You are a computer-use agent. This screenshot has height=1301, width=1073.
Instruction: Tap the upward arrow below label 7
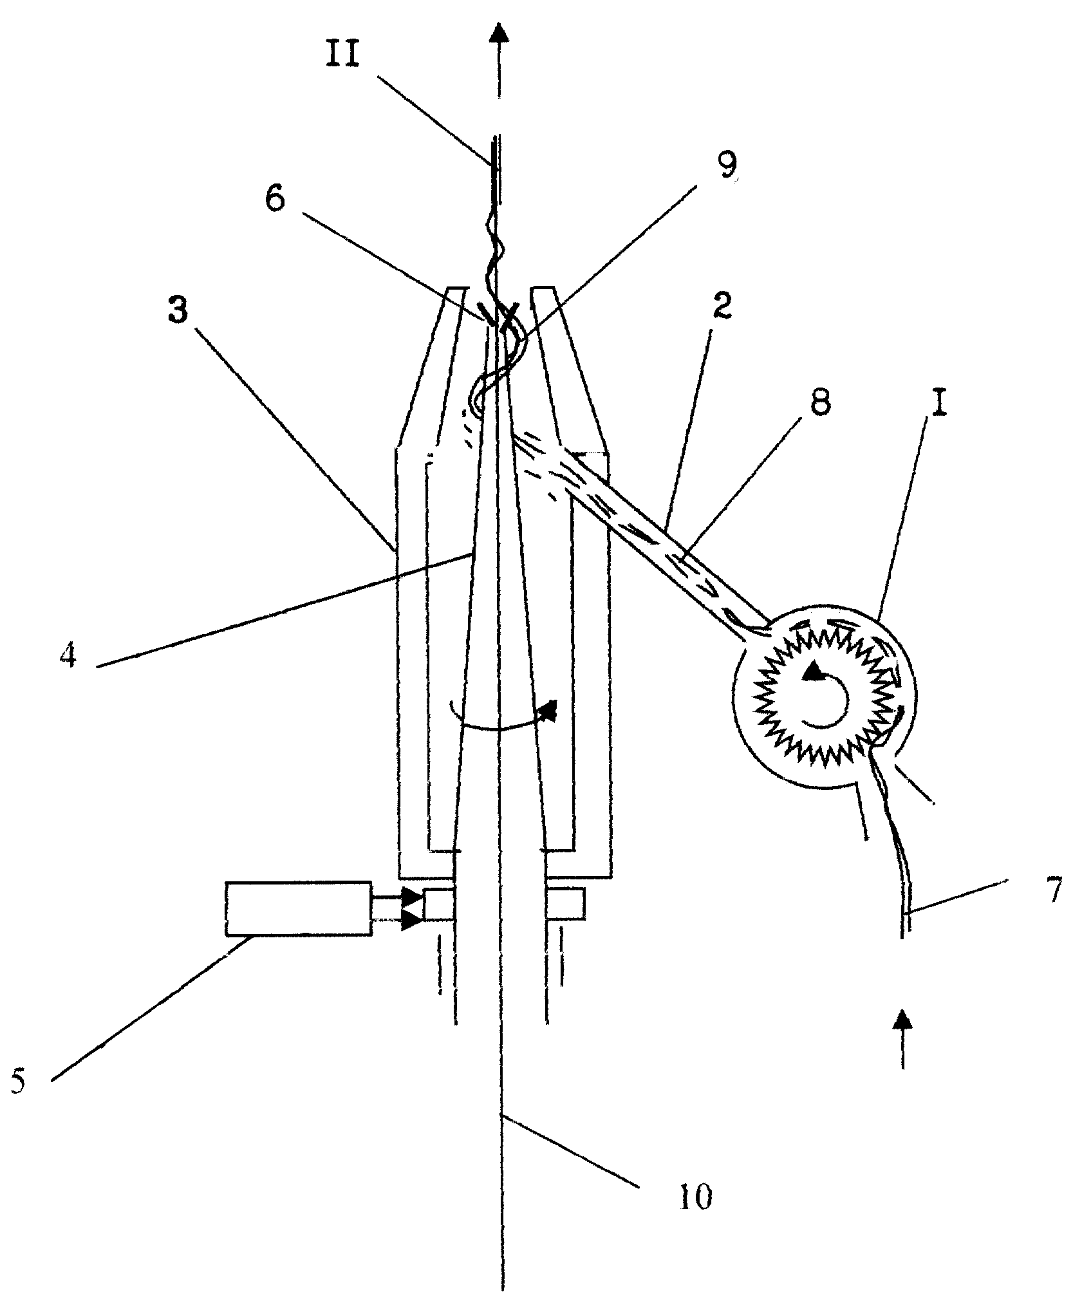905,1047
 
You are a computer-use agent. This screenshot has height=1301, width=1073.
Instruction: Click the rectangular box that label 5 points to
298,908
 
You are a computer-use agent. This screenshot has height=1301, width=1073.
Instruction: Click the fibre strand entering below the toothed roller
891,837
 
